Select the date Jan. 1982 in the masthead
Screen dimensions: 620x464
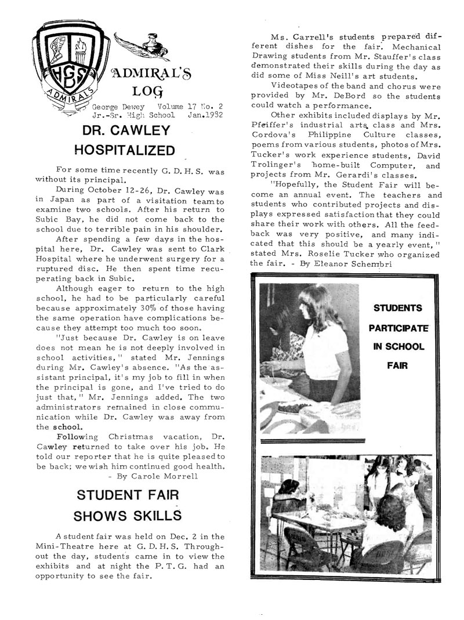tap(205, 115)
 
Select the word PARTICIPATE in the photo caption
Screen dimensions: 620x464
tap(398, 328)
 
